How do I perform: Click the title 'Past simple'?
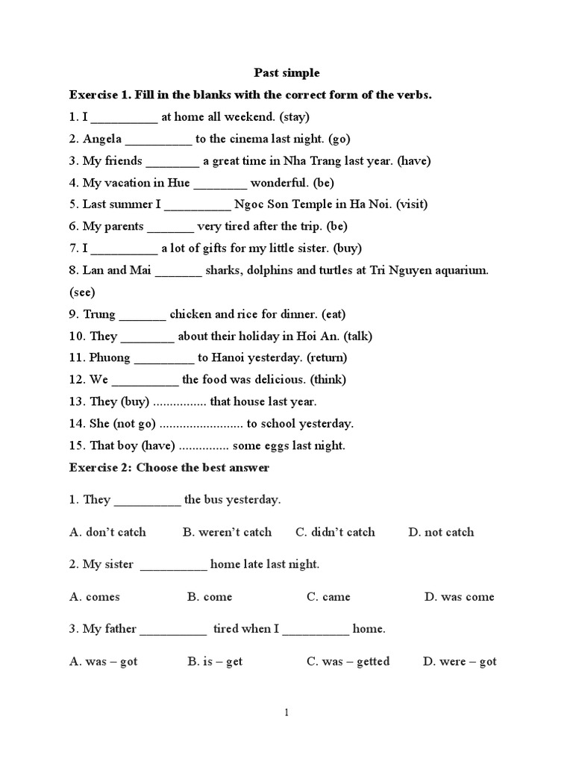(286, 72)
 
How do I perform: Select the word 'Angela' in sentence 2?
(102, 139)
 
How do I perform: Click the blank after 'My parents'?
(171, 227)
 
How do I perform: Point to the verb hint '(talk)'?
(358, 336)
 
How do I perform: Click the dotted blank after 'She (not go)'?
(201, 425)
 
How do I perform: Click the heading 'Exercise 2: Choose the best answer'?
(169, 467)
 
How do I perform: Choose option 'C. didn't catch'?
(335, 532)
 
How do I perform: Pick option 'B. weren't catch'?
(227, 532)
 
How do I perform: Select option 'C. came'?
(328, 597)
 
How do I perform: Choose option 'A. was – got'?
(104, 662)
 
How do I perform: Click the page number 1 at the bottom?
(286, 713)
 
